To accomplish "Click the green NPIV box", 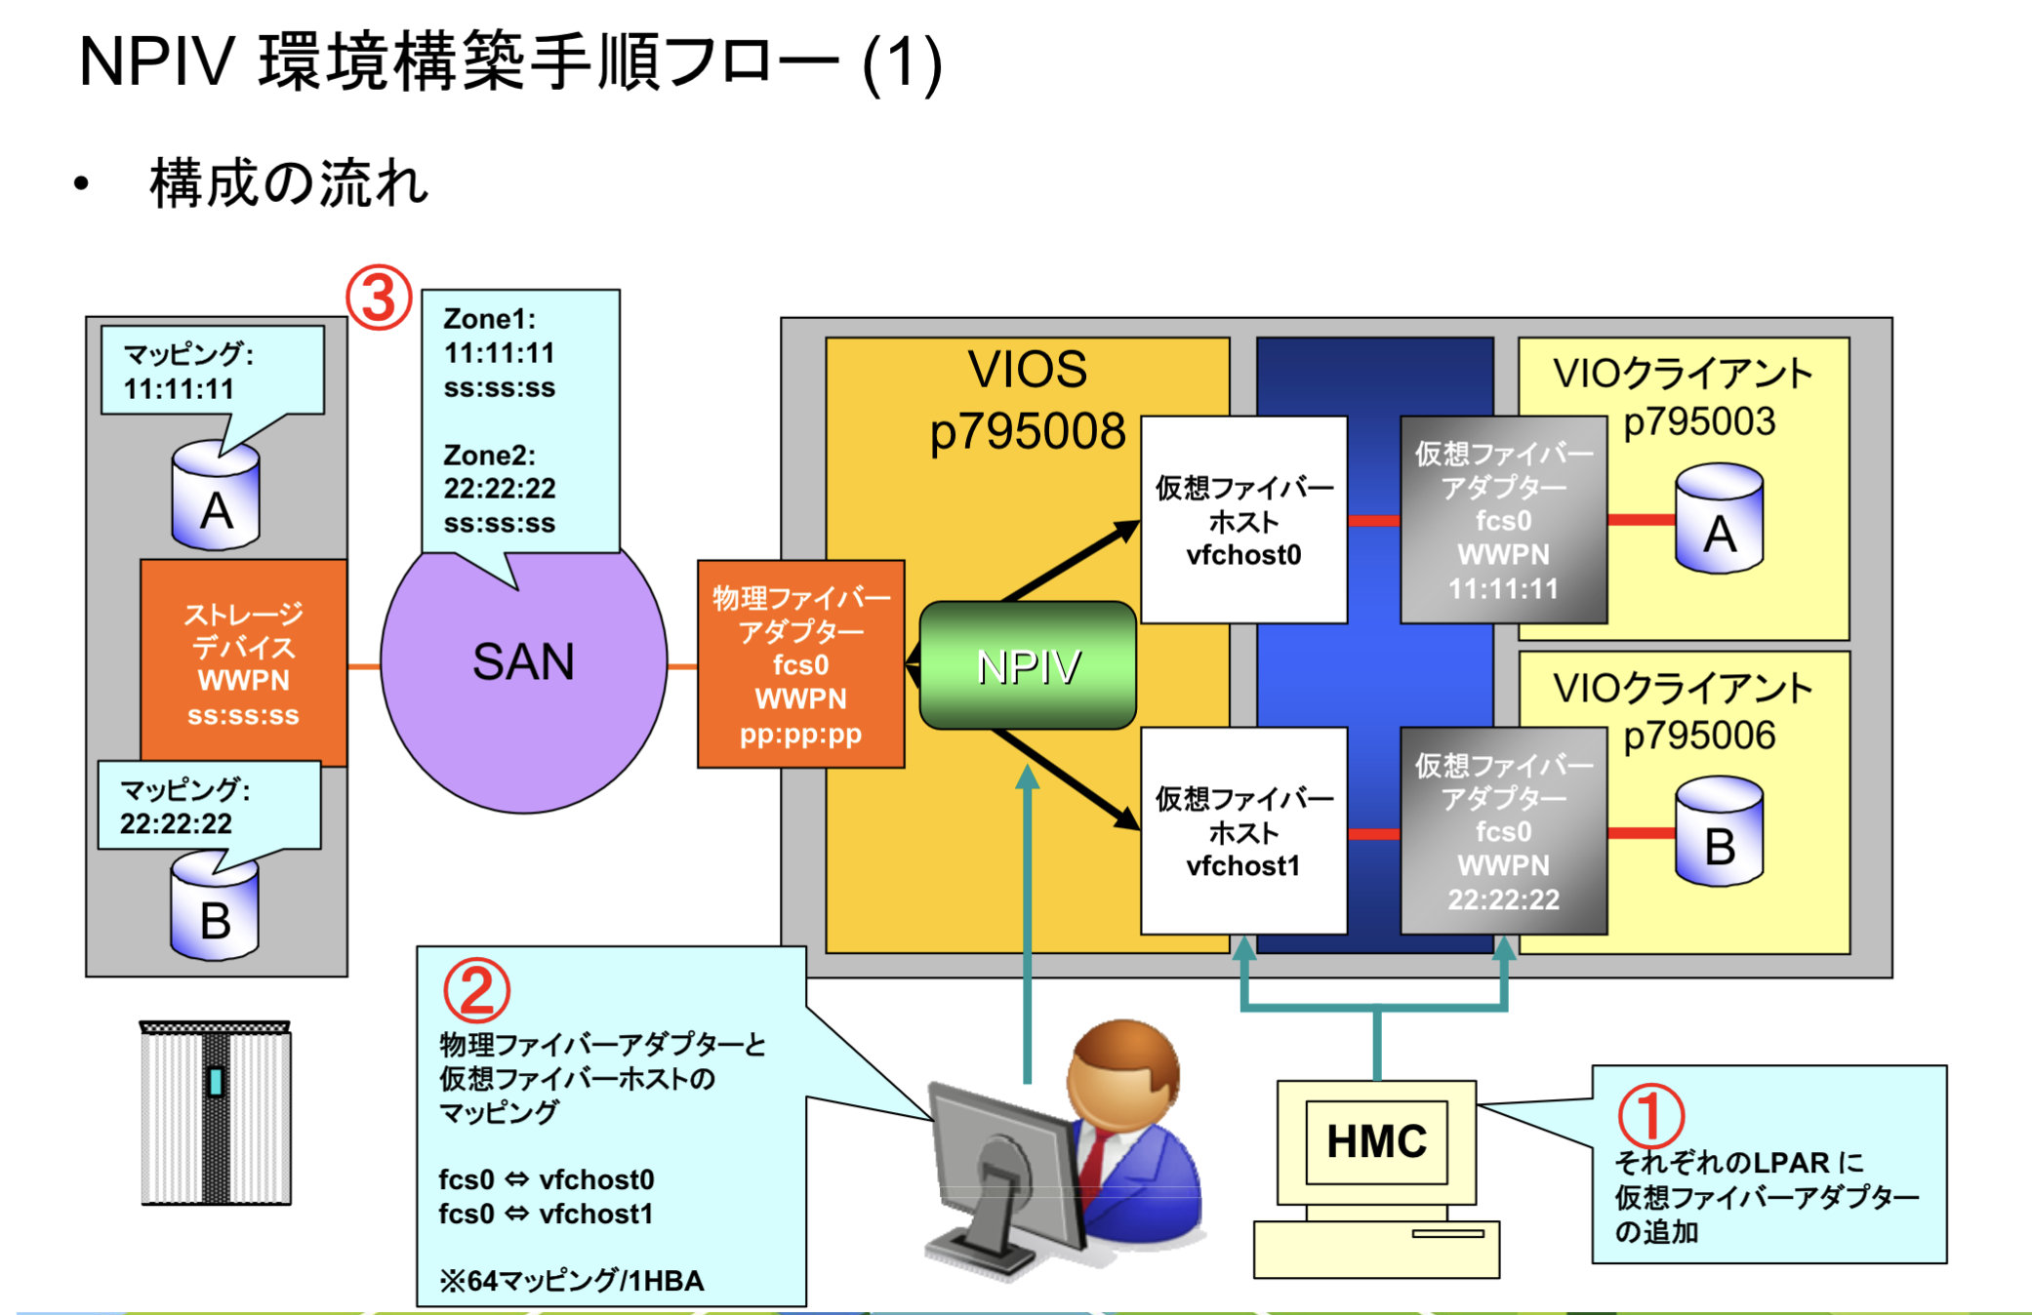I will pos(1028,666).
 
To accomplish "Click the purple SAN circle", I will pos(523,683).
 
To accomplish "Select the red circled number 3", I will pos(379,298).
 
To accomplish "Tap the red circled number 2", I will pos(476,990).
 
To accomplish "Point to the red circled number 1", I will pos(1650,1115).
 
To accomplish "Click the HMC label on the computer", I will pos(1376,1141).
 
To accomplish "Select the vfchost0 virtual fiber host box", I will pos(1243,520).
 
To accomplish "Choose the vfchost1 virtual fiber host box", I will pos(1243,831).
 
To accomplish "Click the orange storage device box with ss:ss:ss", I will pos(243,663).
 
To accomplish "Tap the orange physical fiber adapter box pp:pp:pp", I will pos(800,664).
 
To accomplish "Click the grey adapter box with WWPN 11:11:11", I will pos(1503,520).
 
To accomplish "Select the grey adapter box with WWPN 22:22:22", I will pos(1503,831).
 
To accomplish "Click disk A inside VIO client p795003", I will pos(1719,519).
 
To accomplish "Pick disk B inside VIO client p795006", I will pos(1719,832).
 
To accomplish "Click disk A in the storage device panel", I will pos(216,498).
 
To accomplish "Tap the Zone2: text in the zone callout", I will pos(489,455).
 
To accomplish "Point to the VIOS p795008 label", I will pos(1027,400).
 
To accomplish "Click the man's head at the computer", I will pos(1124,1073).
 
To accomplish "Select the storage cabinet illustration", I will pos(216,1113).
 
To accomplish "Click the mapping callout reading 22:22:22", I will pos(209,806).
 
